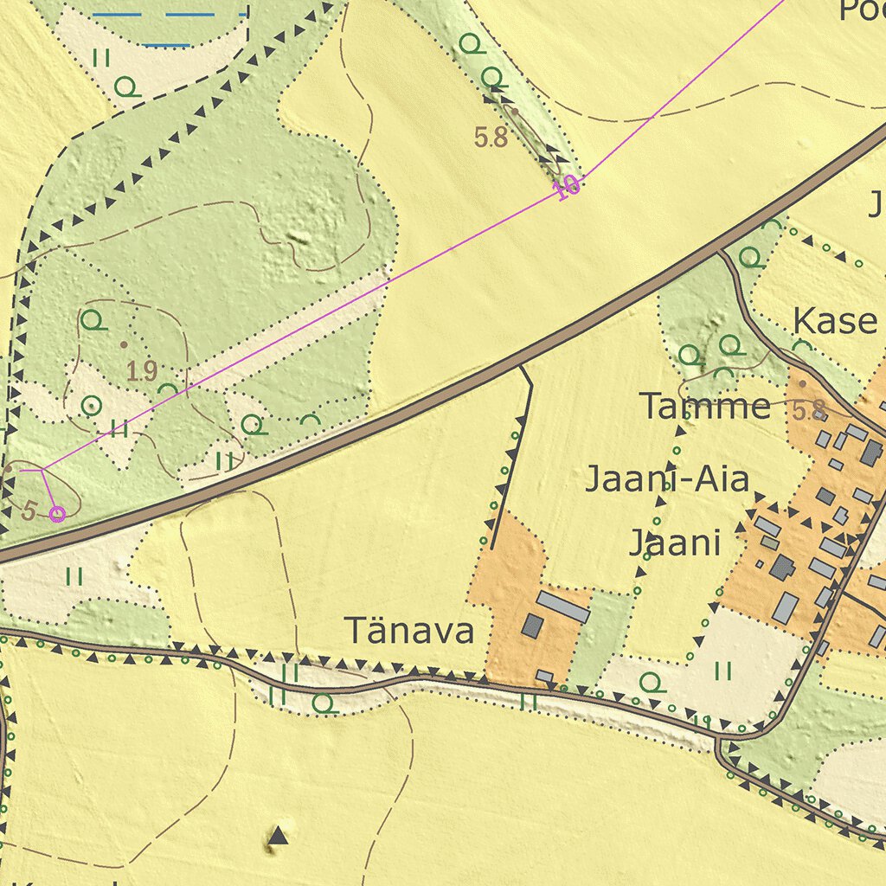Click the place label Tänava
click(x=409, y=631)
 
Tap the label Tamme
click(x=705, y=406)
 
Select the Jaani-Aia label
click(x=666, y=478)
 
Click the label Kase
click(x=835, y=321)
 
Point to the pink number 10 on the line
click(x=568, y=186)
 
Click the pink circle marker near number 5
click(x=57, y=515)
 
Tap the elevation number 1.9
click(x=142, y=372)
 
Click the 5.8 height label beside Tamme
click(x=809, y=412)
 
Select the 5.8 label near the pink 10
click(x=491, y=137)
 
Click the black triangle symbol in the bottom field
click(x=277, y=836)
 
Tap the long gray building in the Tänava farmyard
click(x=562, y=607)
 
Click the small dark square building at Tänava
click(x=532, y=626)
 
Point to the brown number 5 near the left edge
click(x=29, y=510)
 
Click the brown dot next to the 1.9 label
click(x=123, y=344)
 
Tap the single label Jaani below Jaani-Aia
click(x=674, y=543)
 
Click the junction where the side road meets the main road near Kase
click(x=720, y=253)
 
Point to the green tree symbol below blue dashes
click(x=128, y=87)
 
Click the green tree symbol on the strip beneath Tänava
click(x=324, y=703)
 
